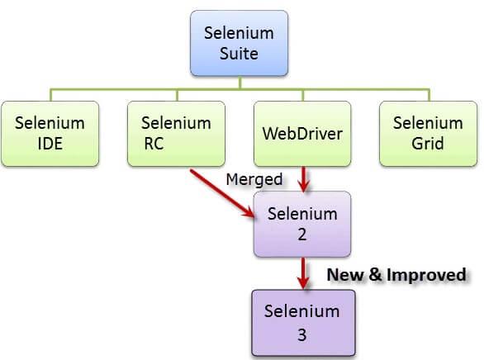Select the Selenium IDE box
50,133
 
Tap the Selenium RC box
175,133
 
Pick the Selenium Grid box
427,133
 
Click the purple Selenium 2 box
302,223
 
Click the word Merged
254,179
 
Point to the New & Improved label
396,274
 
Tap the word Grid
427,144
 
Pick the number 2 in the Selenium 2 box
302,234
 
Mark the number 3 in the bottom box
302,336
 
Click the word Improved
430,274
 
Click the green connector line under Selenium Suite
240,85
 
